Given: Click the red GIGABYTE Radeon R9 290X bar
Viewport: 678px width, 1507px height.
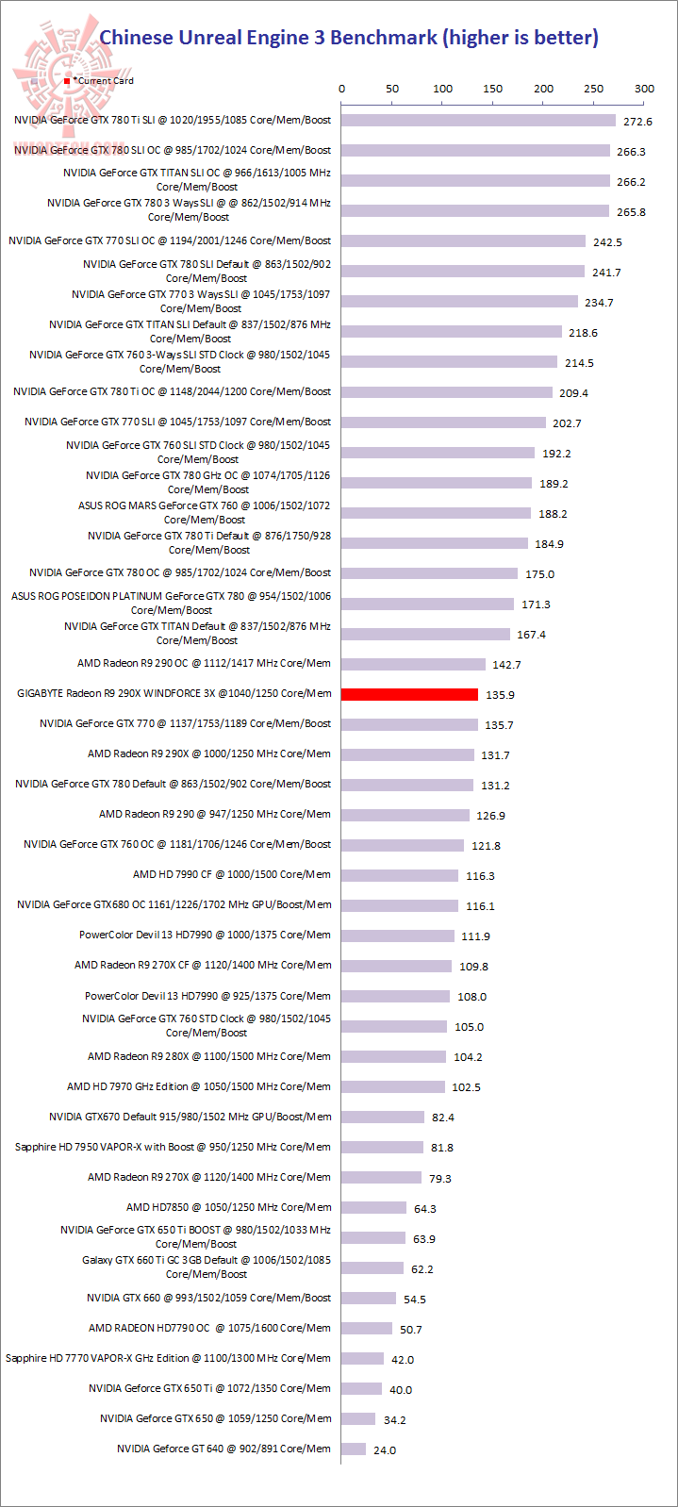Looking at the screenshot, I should tap(409, 694).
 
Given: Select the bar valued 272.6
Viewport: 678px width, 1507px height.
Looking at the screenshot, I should tap(478, 121).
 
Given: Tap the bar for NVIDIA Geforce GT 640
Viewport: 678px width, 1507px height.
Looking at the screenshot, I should tap(354, 1449).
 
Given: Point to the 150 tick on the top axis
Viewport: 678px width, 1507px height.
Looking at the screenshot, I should tap(493, 89).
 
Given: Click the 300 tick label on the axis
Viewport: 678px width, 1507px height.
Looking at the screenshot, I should tap(644, 89).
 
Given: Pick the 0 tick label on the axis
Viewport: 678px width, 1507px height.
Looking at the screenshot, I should tap(341, 89).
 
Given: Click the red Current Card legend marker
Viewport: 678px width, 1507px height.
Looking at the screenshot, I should tap(67, 82).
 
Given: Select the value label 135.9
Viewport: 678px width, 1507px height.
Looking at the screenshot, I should tap(500, 695).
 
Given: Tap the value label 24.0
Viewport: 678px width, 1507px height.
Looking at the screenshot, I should tap(385, 1450).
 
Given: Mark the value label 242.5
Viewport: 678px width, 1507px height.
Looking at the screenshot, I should tap(607, 242).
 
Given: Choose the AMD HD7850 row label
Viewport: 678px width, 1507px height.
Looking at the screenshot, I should tap(229, 1207).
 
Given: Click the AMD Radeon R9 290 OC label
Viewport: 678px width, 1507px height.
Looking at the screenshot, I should tap(205, 664).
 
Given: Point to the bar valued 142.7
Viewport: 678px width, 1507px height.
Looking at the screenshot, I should tap(413, 664).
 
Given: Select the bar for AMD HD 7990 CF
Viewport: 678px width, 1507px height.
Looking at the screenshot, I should tap(400, 875).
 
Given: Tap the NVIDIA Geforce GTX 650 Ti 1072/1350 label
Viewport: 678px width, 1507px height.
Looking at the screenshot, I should tap(210, 1388).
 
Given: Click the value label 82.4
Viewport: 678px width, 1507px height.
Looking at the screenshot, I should tap(443, 1118).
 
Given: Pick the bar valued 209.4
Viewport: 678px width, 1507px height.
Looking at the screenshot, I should tap(447, 392).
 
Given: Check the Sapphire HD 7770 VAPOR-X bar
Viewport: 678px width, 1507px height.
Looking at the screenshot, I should tap(363, 1358).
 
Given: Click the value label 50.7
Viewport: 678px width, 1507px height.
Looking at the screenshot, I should tap(411, 1330).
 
